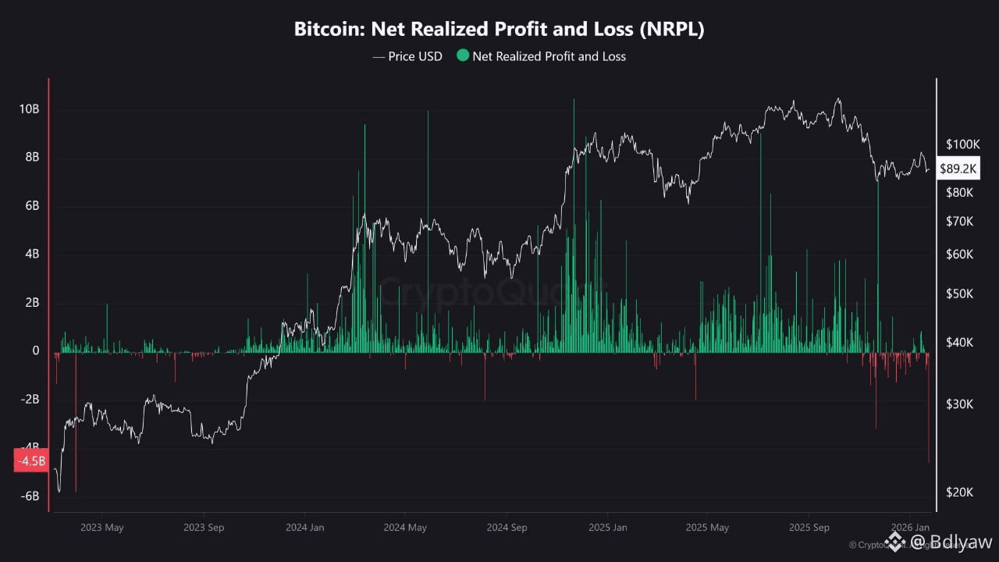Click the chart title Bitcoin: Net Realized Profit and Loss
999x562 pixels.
point(499,30)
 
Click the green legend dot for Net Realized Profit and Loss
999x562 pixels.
point(463,56)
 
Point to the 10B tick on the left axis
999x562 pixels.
point(30,109)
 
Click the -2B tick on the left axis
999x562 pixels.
point(30,400)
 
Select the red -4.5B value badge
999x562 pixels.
point(31,461)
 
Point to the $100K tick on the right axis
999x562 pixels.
point(962,144)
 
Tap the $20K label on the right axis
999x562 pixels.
point(959,492)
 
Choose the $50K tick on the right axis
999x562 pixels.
point(959,294)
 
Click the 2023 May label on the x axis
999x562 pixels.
point(102,528)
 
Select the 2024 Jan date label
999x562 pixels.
point(305,528)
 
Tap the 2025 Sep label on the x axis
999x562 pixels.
point(809,528)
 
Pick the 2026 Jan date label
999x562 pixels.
point(910,528)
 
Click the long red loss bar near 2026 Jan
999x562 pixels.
point(929,414)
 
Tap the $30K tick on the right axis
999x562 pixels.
point(959,404)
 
